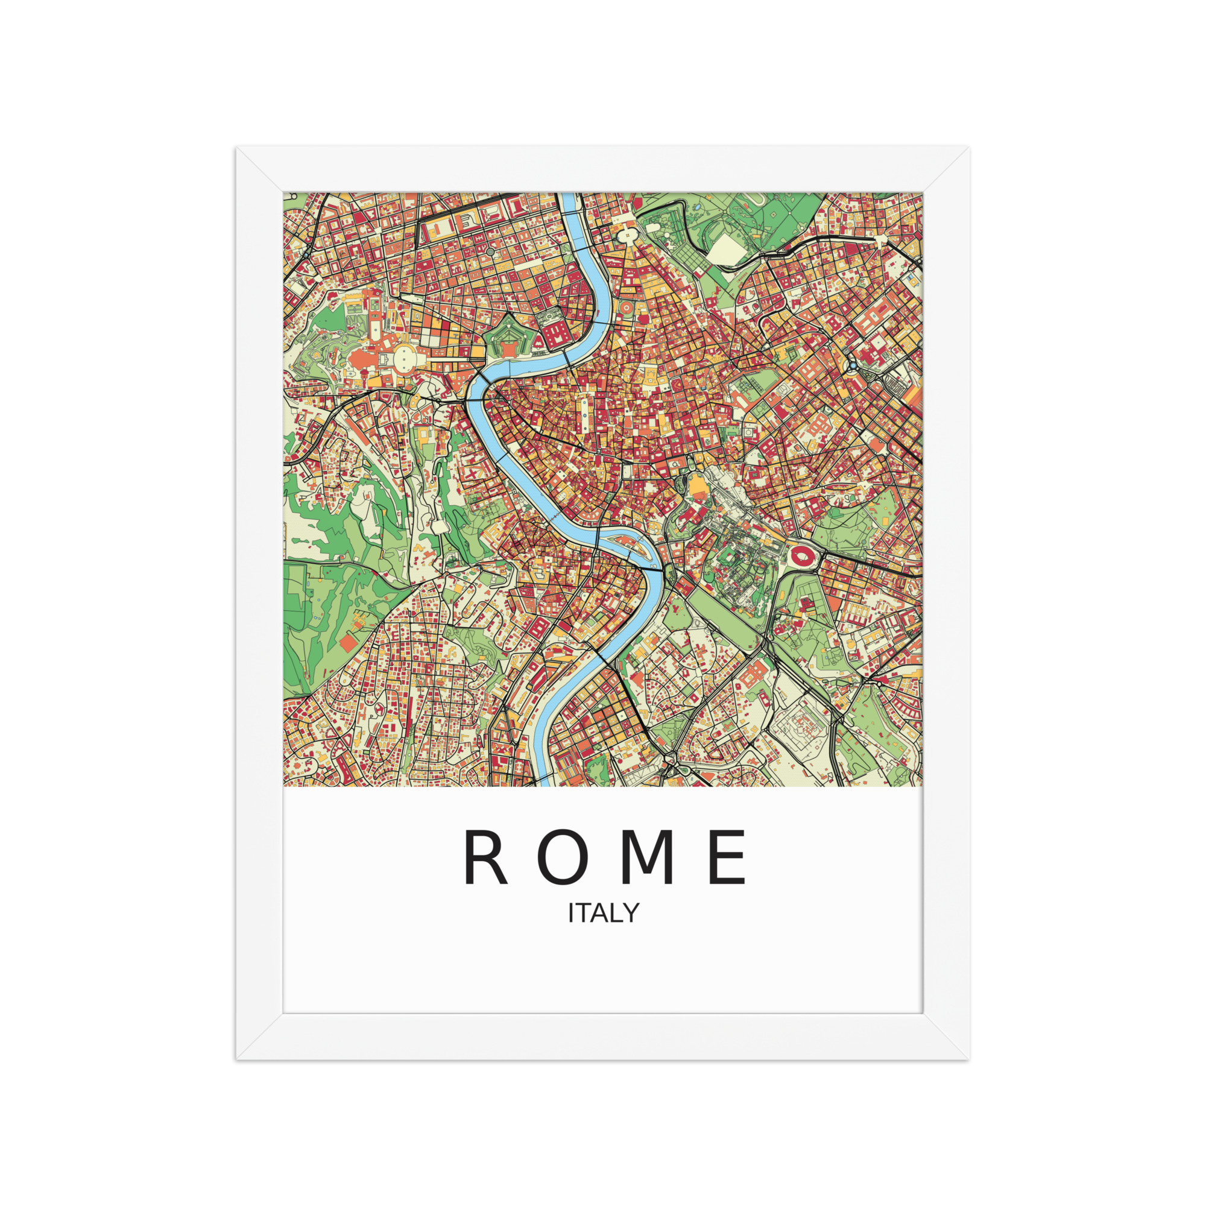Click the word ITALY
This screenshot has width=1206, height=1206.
coord(603,913)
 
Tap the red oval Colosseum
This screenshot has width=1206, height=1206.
coord(800,554)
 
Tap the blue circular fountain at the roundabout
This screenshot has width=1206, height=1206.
coord(853,365)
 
